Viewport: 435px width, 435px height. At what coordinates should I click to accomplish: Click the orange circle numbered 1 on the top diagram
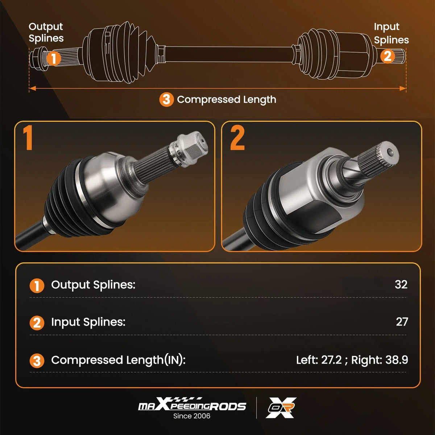point(54,58)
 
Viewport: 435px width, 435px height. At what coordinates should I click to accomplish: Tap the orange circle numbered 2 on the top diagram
point(388,56)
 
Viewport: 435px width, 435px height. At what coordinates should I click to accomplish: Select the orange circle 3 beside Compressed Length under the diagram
point(167,100)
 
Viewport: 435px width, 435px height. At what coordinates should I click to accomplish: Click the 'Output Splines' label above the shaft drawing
point(46,33)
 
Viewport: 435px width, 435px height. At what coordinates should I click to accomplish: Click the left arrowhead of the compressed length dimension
point(33,88)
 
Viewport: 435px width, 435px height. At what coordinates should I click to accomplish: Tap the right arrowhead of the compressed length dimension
point(402,88)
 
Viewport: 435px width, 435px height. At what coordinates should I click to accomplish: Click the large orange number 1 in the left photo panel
point(28,138)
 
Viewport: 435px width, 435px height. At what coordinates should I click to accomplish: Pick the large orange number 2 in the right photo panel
point(237,138)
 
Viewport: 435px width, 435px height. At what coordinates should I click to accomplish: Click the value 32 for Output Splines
point(401,285)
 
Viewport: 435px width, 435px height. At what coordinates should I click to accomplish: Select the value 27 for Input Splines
point(402,322)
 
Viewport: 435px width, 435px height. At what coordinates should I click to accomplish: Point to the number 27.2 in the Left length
point(331,360)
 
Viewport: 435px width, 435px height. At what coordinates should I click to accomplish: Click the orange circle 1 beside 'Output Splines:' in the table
point(37,286)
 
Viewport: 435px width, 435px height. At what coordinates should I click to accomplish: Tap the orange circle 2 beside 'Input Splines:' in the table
point(37,323)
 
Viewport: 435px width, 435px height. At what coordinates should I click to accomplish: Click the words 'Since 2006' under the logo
point(192,416)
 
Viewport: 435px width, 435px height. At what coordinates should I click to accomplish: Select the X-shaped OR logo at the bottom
point(281,408)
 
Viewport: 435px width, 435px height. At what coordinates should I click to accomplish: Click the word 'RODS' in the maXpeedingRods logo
point(228,407)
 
